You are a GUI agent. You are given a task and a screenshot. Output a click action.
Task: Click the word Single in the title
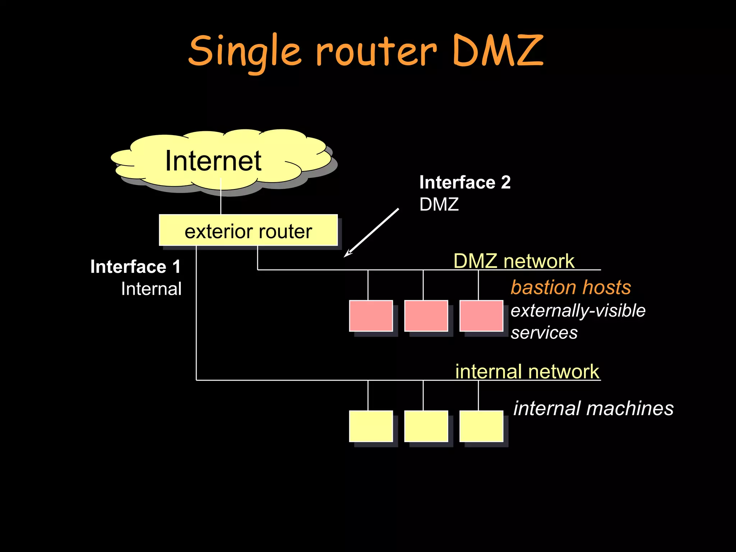point(244,52)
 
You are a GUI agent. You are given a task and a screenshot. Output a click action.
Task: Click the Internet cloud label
point(213,161)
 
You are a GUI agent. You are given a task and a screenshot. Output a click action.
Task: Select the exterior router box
point(248,230)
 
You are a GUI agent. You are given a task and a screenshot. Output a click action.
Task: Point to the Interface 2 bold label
point(465,182)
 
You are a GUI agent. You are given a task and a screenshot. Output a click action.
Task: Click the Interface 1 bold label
point(135,267)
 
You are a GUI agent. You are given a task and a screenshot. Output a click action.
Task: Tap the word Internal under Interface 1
point(151,289)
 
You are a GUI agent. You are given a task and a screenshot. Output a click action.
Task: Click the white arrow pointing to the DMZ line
point(371,233)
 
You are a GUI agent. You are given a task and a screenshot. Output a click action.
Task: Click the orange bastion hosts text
point(571,287)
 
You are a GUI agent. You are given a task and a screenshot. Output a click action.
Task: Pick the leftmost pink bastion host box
point(371,316)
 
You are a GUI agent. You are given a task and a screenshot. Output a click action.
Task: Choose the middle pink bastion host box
point(426,316)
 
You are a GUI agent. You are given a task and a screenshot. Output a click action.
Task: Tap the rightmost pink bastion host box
point(481,316)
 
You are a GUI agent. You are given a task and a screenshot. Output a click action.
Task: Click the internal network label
point(527,371)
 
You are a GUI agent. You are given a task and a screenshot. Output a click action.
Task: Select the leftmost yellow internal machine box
point(371,426)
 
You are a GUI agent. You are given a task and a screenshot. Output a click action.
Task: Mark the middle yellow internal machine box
point(426,426)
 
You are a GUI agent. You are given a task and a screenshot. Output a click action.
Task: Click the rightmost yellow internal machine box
point(481,426)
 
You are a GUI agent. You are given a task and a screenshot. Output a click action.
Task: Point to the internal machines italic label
point(593,408)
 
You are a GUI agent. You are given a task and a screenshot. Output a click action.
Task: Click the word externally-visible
point(578,310)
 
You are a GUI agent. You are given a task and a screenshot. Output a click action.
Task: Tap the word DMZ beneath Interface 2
point(439,204)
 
